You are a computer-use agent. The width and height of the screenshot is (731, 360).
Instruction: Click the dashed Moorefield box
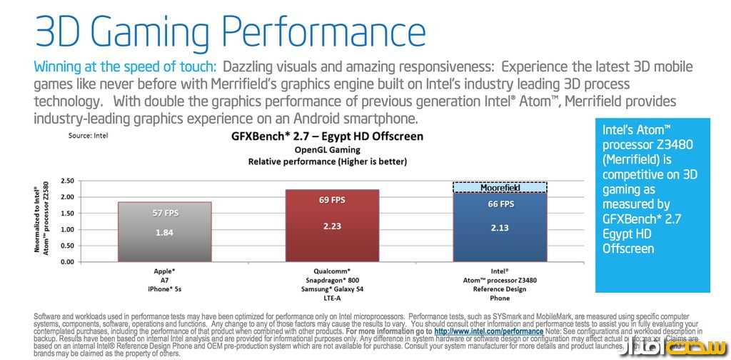tap(500, 187)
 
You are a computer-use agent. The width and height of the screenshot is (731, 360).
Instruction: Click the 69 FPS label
tap(332, 200)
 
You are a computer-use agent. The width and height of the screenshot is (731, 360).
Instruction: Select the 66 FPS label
tap(500, 204)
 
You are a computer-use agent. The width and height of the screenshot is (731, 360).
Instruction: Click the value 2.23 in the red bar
tap(332, 226)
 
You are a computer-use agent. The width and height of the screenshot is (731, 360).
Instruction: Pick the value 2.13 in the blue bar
tap(500, 229)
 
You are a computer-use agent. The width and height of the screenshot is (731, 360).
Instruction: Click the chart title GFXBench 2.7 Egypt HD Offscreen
tap(326, 136)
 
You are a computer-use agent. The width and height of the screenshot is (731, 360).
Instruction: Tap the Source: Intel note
tap(90, 134)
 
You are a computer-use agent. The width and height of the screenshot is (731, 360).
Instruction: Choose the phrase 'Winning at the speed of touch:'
tap(125, 67)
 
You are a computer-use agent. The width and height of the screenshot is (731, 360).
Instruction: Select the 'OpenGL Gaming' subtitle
tap(326, 150)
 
